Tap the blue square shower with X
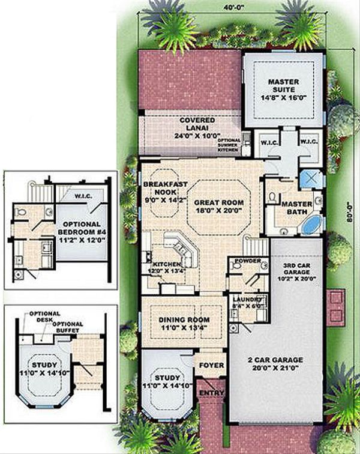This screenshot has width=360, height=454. [x=312, y=178]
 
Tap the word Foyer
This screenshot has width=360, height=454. [x=212, y=365]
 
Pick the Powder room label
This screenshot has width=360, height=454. [x=244, y=262]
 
